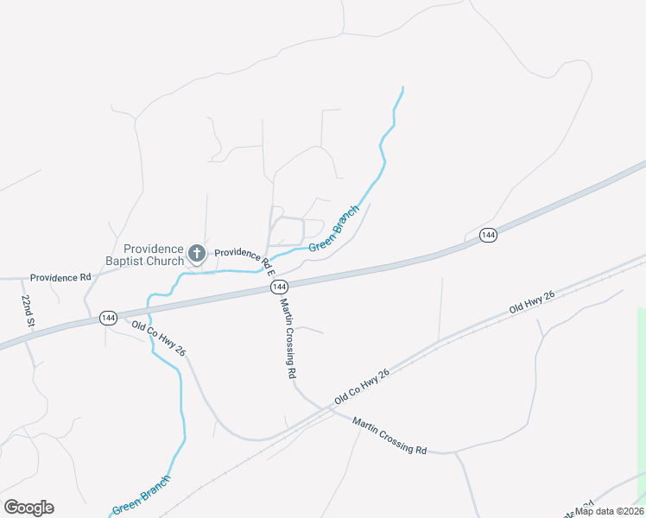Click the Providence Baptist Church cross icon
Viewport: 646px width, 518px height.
coord(197,253)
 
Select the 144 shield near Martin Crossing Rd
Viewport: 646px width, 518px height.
coord(278,286)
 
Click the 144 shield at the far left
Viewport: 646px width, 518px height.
coord(108,317)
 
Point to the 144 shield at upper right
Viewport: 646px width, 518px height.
coord(488,236)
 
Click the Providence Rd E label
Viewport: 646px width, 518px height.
coord(244,256)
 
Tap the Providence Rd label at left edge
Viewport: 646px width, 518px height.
coord(60,278)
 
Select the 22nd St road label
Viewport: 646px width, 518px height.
coord(28,310)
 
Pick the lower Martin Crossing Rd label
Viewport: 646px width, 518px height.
coord(389,436)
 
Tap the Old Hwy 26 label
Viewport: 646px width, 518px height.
coord(531,302)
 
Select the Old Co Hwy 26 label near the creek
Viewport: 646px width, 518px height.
coord(159,338)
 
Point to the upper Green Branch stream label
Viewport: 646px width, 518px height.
coord(334,228)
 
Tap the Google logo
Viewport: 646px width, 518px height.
coord(28,508)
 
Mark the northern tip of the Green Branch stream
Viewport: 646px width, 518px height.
coord(402,87)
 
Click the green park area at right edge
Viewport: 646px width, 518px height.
coord(641,388)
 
